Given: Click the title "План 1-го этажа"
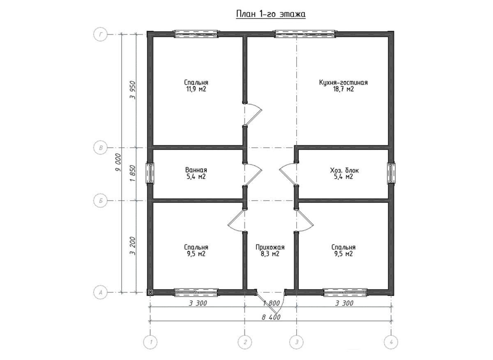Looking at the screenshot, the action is pyautogui.click(x=271, y=14).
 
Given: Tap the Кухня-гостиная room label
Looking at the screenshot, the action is pyautogui.click(x=343, y=83).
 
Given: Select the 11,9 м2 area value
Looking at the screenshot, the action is pyautogui.click(x=196, y=89).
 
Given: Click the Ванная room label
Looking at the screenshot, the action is pyautogui.click(x=196, y=170).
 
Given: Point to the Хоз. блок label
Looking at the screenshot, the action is pyautogui.click(x=344, y=170).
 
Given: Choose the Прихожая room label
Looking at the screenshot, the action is pyautogui.click(x=270, y=247).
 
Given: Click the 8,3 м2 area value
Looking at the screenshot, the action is pyautogui.click(x=270, y=254).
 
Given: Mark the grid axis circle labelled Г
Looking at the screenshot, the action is pyautogui.click(x=101, y=35).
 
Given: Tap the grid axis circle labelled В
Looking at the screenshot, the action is pyautogui.click(x=101, y=148).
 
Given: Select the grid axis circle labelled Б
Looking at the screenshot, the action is pyautogui.click(x=101, y=201).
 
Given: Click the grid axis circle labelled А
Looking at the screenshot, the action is pyautogui.click(x=101, y=293).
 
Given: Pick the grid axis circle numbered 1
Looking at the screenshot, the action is pyautogui.click(x=150, y=342).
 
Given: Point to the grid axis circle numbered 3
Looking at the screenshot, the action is pyautogui.click(x=297, y=342).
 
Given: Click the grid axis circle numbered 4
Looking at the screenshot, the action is pyautogui.click(x=391, y=342).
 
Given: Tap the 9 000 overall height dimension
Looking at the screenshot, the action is pyautogui.click(x=118, y=163).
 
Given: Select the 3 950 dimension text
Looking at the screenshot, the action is pyautogui.click(x=133, y=90).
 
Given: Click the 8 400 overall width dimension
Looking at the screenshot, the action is pyautogui.click(x=271, y=317).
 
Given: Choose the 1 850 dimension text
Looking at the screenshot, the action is pyautogui.click(x=133, y=173).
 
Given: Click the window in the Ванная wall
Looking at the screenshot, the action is pyautogui.click(x=150, y=173).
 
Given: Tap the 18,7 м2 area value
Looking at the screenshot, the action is pyautogui.click(x=343, y=89).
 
